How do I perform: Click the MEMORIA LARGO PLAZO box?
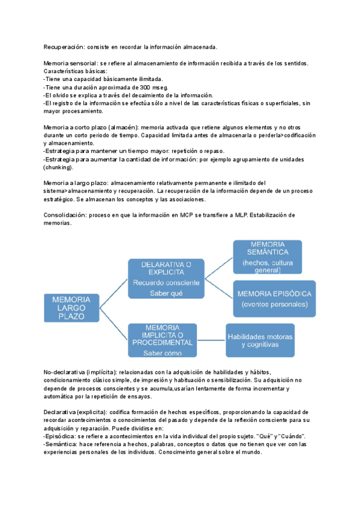[71, 307]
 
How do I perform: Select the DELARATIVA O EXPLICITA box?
[166, 279]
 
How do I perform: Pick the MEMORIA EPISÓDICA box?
[274, 298]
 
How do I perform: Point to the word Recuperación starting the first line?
[64, 47]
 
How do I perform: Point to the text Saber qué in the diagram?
[166, 294]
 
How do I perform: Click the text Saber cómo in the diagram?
[163, 353]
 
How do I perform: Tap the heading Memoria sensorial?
[70, 63]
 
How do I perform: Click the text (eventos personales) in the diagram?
[274, 305]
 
